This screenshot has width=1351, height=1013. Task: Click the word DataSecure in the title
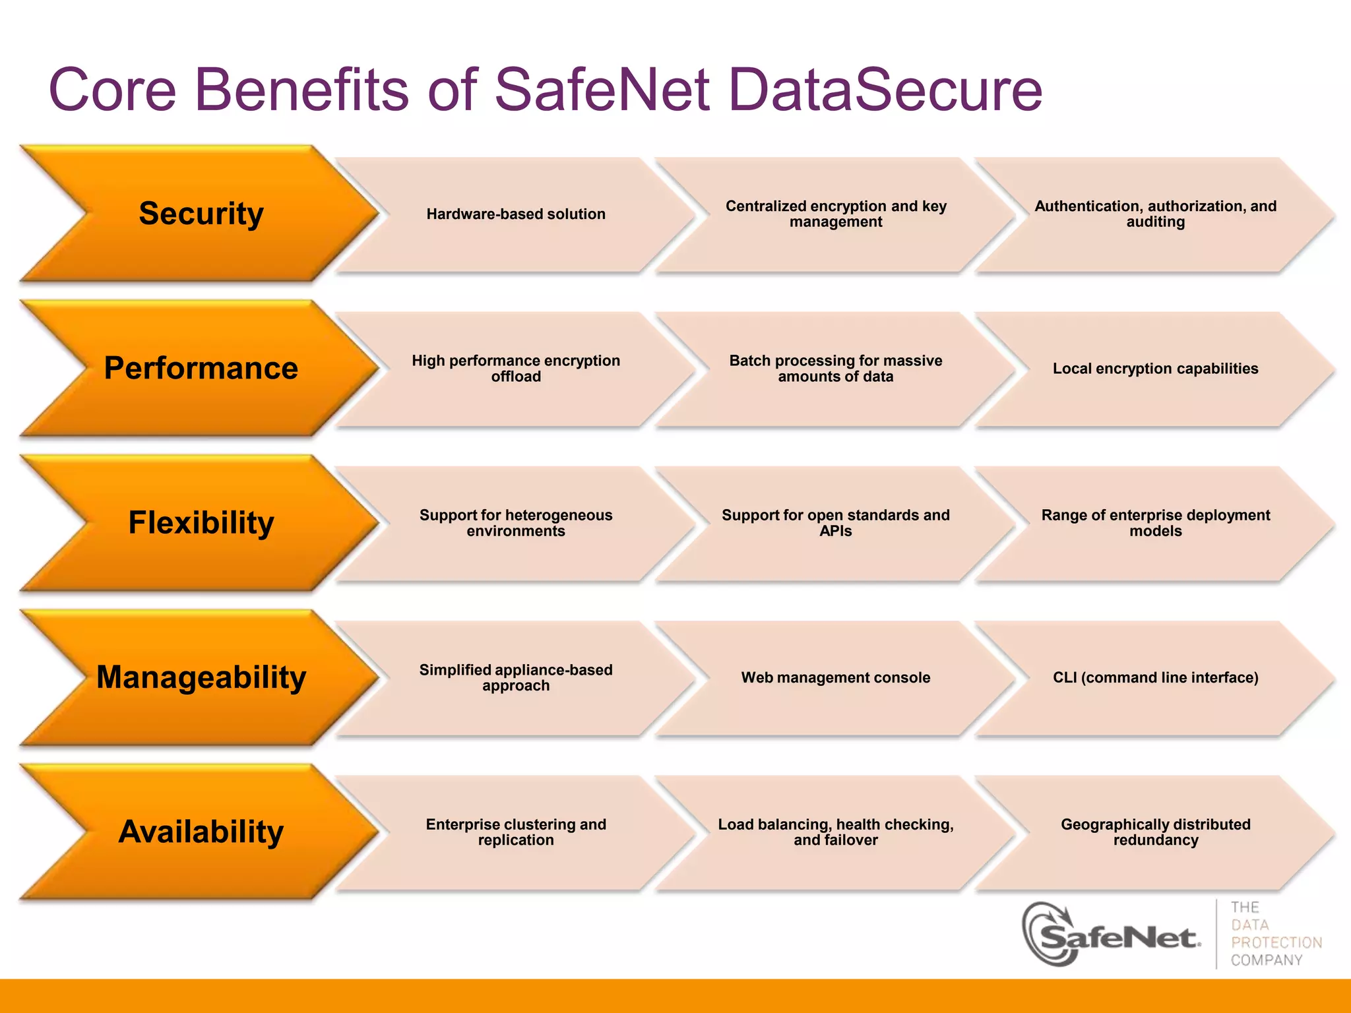point(885,90)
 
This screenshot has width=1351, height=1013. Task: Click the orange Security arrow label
point(201,214)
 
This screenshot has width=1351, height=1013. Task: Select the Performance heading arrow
point(201,368)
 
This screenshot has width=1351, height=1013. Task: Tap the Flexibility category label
point(201,522)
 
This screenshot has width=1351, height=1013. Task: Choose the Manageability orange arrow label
point(201,677)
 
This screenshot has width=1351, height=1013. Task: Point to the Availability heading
point(201,832)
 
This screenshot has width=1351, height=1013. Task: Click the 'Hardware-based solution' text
point(516,214)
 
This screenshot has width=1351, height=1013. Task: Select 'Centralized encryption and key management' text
point(836,214)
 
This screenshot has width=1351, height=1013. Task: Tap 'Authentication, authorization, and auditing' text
point(1155,214)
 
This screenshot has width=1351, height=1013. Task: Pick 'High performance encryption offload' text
point(516,368)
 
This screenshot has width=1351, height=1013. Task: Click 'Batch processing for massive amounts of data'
point(836,368)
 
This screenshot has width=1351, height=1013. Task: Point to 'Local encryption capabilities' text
point(1155,368)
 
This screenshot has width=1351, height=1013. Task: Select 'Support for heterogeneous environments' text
point(516,522)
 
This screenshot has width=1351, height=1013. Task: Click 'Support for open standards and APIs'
point(836,522)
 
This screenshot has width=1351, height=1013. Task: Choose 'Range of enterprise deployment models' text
point(1155,522)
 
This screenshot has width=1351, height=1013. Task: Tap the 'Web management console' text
point(836,677)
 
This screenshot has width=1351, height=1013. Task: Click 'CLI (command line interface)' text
point(1155,677)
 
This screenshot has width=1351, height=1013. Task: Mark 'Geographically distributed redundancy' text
point(1155,832)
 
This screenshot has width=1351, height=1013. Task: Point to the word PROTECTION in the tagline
point(1276,942)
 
